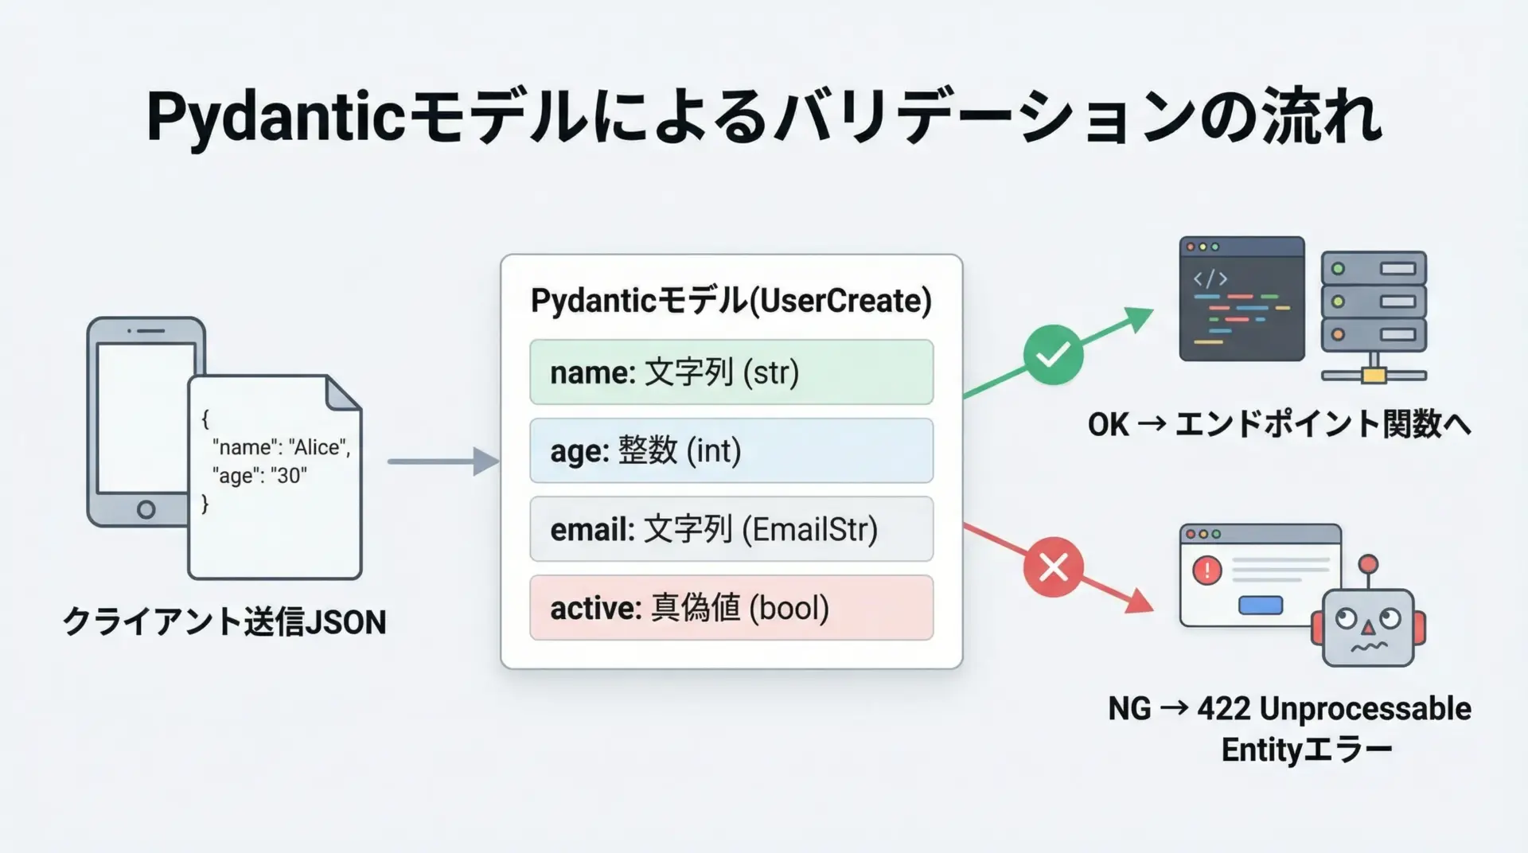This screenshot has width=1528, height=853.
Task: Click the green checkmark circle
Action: [1053, 355]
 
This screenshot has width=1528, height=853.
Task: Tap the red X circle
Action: [1053, 567]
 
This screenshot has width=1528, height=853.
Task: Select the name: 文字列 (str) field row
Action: [731, 372]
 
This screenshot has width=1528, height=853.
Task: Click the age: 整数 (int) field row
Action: [731, 450]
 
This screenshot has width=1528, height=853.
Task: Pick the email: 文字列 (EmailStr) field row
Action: [731, 529]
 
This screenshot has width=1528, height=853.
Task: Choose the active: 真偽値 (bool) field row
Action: [731, 607]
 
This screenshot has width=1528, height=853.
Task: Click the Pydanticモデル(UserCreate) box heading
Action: [731, 301]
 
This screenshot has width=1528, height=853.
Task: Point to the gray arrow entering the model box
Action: [443, 462]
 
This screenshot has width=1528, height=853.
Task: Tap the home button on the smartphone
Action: [146, 509]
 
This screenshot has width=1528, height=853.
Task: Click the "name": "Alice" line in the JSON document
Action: [281, 447]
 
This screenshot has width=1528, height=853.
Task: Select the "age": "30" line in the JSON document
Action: [259, 476]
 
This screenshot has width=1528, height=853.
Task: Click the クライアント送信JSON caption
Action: [224, 622]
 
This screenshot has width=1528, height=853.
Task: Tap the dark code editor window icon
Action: [1241, 298]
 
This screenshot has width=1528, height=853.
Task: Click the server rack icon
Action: [1374, 317]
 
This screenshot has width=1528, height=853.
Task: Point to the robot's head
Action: [1368, 627]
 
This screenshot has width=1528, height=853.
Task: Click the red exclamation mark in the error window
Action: [1207, 571]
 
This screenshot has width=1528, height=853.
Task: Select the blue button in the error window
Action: [1261, 606]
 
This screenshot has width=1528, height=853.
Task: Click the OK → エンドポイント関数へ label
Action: [1279, 424]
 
